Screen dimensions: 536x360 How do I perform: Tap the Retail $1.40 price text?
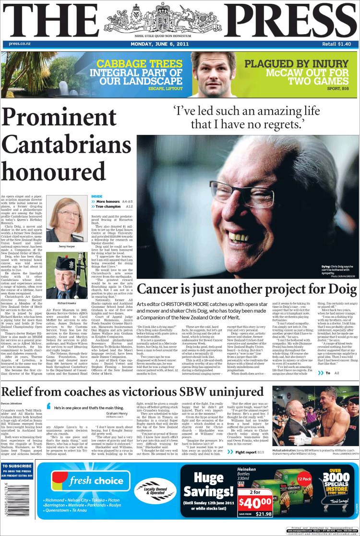pyautogui.click(x=336, y=44)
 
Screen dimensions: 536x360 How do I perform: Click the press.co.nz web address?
pyautogui.click(x=20, y=44)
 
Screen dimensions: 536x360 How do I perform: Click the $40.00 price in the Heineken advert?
pyautogui.click(x=254, y=503)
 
